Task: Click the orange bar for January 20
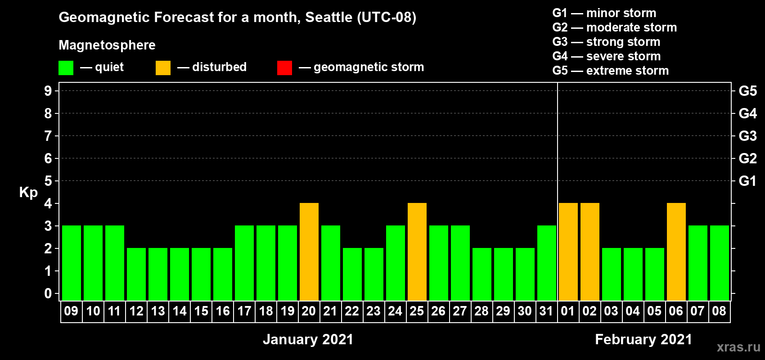point(309,252)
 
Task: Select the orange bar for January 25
point(417,252)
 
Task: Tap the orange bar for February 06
point(676,252)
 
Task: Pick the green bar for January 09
point(72,263)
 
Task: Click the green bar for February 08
point(720,263)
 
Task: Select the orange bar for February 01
point(568,252)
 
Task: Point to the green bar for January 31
point(547,263)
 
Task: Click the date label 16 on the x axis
point(223,311)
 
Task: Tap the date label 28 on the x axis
point(481,311)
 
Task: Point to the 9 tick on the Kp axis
point(48,91)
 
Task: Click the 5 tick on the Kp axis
point(48,181)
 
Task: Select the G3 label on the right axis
point(748,136)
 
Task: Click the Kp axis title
point(28,192)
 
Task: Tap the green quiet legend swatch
point(66,67)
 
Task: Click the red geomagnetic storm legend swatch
point(285,67)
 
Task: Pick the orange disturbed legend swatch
point(163,67)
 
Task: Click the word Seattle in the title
point(328,18)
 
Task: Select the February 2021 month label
point(643,339)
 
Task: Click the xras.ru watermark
point(738,347)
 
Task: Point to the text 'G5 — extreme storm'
point(610,71)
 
